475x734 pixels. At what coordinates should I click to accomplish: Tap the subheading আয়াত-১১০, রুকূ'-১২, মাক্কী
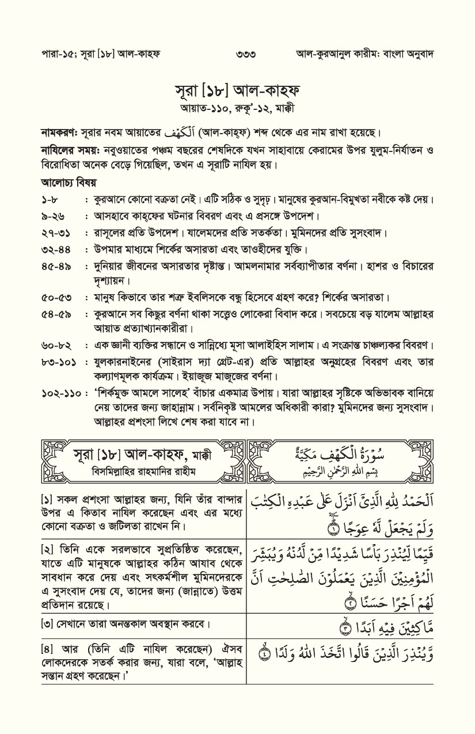click(238, 108)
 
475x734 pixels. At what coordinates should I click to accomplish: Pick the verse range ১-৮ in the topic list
click(51, 200)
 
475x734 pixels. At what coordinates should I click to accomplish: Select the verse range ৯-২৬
click(53, 216)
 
